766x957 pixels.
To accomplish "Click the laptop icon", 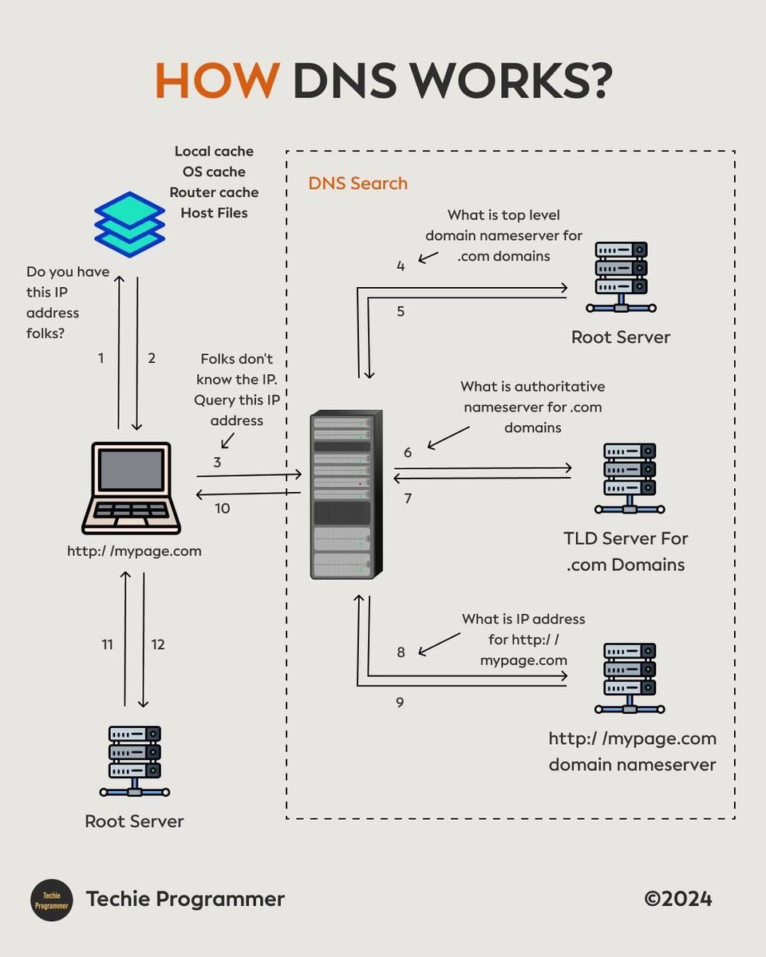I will click(132, 488).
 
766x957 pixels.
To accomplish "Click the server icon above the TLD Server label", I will click(630, 478).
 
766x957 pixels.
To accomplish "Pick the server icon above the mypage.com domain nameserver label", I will click(630, 678).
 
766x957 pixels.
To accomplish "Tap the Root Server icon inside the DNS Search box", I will click(621, 276).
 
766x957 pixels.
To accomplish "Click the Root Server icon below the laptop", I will click(135, 761).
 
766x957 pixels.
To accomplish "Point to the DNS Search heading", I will click(357, 183).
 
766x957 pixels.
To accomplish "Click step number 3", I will click(217, 462).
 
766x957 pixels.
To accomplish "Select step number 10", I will click(222, 508).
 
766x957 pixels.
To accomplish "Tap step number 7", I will click(408, 498).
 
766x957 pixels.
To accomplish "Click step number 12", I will click(158, 644).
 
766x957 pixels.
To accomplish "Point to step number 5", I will click(401, 312).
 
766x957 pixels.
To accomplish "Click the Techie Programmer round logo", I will click(52, 900).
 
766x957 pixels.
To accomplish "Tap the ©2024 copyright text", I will click(677, 899).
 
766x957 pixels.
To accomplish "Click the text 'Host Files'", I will click(214, 213).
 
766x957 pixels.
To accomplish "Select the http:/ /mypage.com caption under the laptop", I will click(134, 551).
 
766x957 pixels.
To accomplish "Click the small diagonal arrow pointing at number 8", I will click(440, 644).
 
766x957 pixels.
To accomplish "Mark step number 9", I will click(401, 703).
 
